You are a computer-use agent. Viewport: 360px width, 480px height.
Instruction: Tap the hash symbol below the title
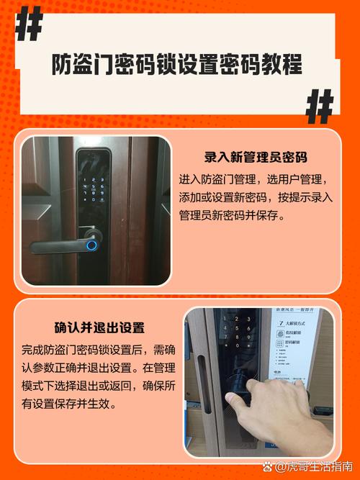tap(319, 107)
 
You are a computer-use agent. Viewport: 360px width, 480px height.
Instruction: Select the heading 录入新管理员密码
tap(256, 158)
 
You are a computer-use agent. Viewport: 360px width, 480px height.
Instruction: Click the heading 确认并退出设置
tap(99, 328)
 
